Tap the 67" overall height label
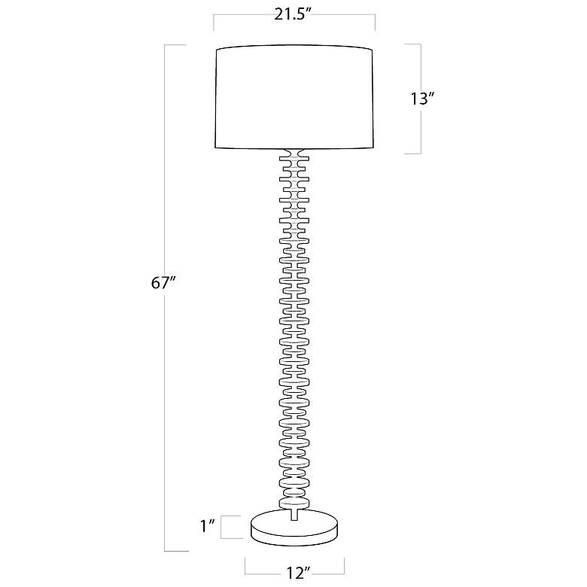click(x=163, y=283)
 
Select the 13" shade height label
click(x=423, y=99)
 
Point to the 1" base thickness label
click(x=208, y=526)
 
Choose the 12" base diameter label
click(x=298, y=573)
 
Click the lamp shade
click(x=294, y=98)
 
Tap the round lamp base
click(x=294, y=527)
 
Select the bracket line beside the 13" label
click(x=421, y=99)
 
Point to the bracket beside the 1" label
click(x=221, y=527)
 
